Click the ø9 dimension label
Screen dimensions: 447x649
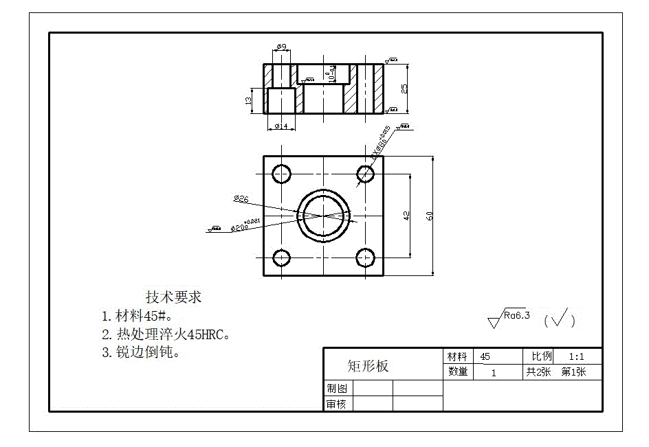pos(280,47)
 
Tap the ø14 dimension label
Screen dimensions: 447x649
pos(280,126)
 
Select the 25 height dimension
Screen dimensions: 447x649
pos(404,89)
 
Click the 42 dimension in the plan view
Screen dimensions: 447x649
pos(406,216)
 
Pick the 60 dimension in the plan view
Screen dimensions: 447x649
pos(430,216)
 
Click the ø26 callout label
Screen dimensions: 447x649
pos(241,199)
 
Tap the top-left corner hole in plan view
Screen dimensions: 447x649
pos(281,174)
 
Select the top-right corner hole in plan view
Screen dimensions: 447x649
pos(365,174)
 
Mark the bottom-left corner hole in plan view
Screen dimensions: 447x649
pos(281,258)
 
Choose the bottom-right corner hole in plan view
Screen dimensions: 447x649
pos(365,258)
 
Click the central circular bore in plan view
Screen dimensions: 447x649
pos(323,216)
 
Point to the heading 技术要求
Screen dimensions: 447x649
pos(173,297)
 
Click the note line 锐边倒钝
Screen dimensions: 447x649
pos(140,353)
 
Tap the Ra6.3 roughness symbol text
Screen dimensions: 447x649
pos(516,316)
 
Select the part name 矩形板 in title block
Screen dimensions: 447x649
pos(368,366)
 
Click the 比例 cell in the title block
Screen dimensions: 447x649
pos(538,356)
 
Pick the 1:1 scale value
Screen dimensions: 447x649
pos(576,356)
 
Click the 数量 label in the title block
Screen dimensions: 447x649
pos(458,372)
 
